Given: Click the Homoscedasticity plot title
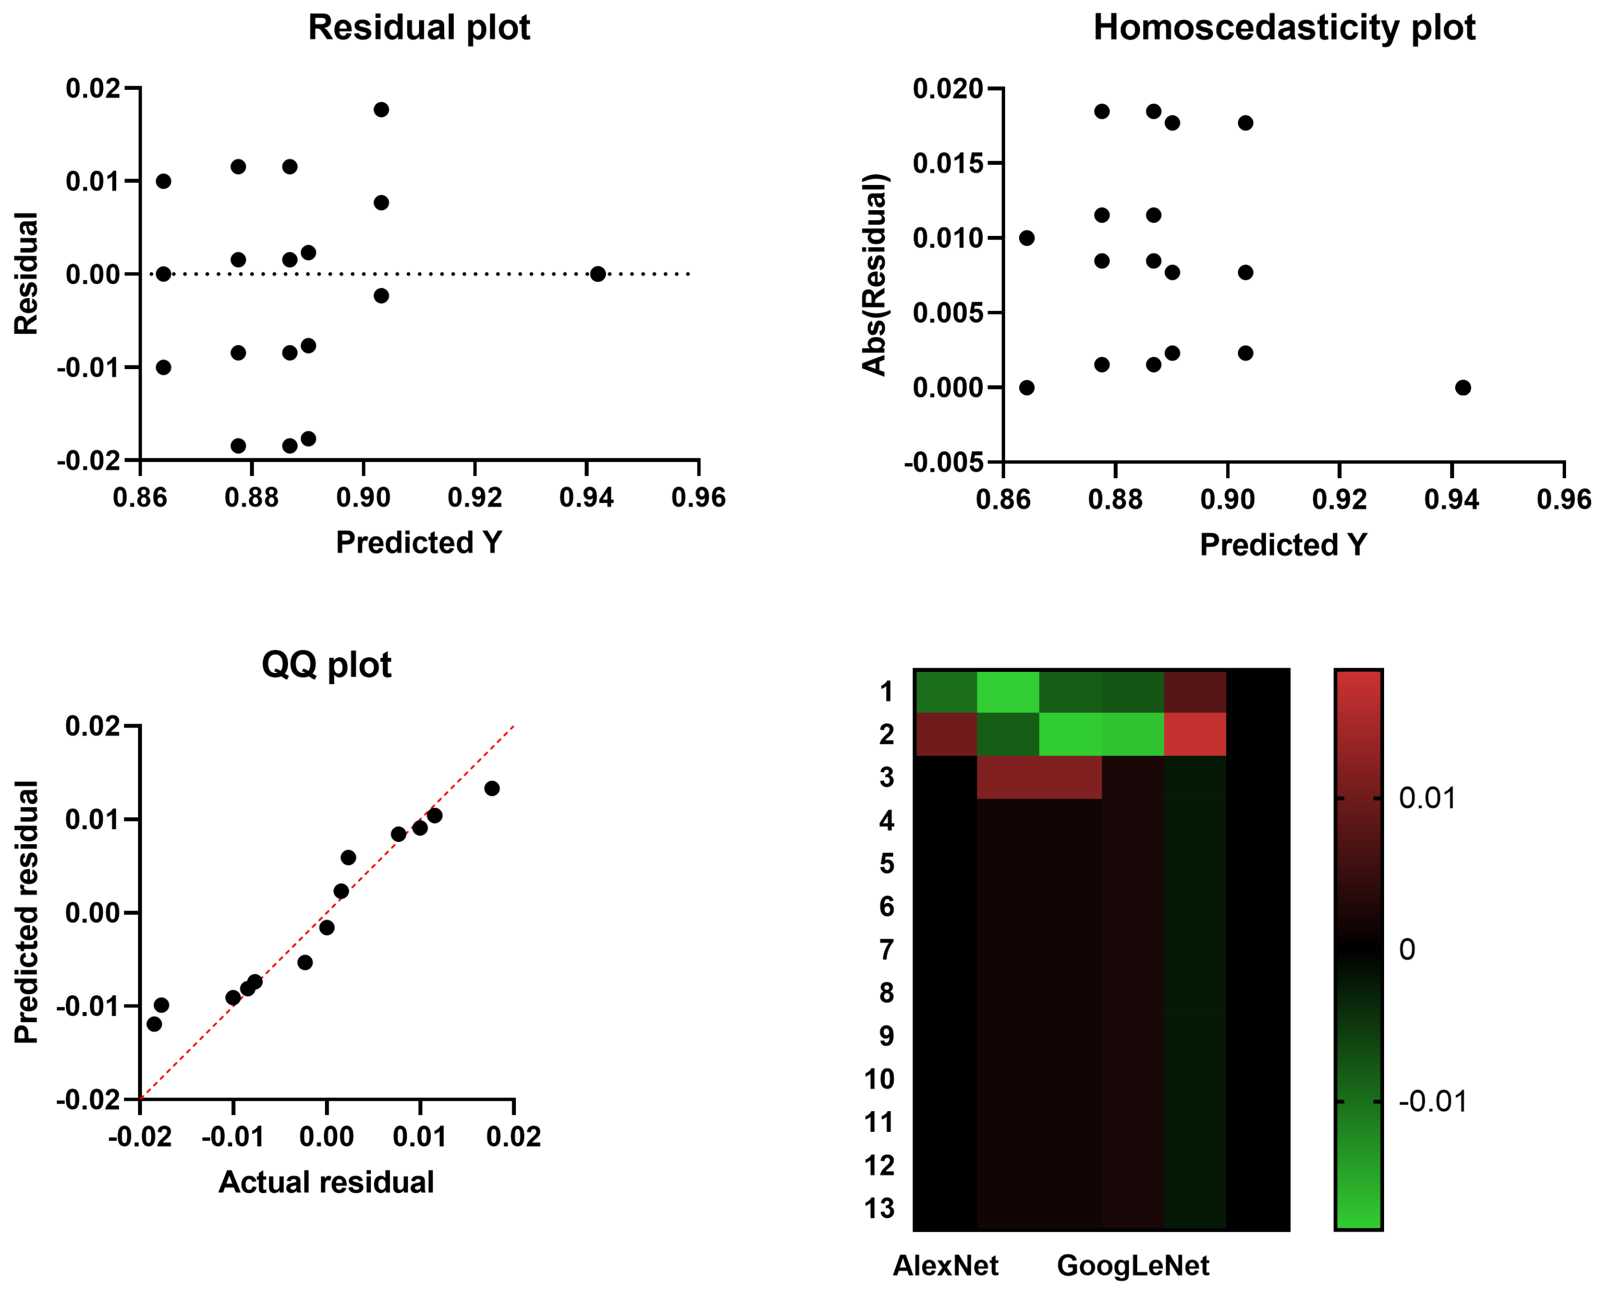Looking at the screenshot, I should (x=1283, y=28).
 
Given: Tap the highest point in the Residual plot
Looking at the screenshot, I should (x=381, y=110).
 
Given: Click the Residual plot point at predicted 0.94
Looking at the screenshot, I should (x=598, y=274).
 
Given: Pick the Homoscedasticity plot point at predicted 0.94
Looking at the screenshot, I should (x=1463, y=388).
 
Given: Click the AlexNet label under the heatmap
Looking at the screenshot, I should (x=946, y=1265).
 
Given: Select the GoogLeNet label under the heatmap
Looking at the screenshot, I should (x=1133, y=1265).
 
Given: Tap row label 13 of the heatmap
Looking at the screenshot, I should (x=879, y=1208).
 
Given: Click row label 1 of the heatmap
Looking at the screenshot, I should (x=886, y=692).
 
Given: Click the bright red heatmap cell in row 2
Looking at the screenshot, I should (x=1195, y=734).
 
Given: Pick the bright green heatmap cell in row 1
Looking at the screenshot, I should (x=1007, y=692).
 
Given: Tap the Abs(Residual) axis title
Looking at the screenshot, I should (x=874, y=274).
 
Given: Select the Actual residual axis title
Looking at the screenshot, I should (x=326, y=1182).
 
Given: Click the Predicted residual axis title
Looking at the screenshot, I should (x=27, y=911).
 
